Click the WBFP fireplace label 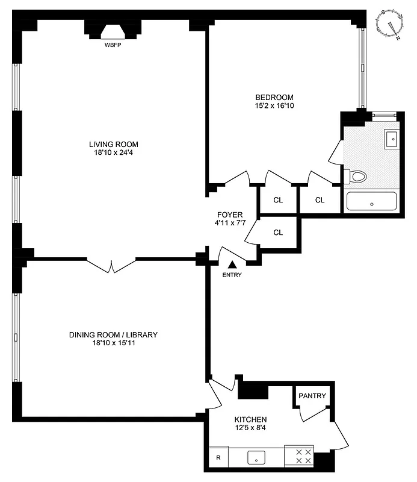pos(113,45)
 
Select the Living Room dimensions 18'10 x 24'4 pos(114,153)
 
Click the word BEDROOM pos(274,98)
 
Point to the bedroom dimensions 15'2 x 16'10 pos(274,106)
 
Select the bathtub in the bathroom pos(371,201)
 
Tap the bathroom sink pos(391,139)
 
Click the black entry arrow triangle pos(232,263)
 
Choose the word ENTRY pos(232,275)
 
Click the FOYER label pos(230,214)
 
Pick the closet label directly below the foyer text pos(278,233)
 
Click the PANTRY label pos(312,396)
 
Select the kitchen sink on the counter pos(257,457)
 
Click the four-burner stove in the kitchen pos(299,456)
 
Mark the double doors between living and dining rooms pos(111,265)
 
